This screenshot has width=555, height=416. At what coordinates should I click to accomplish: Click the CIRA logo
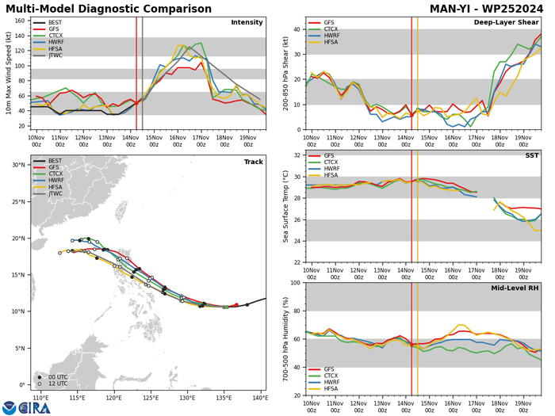(24, 406)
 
